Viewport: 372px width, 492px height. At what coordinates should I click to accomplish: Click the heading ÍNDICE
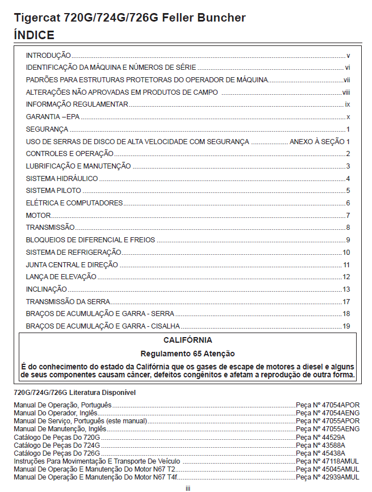[x=34, y=35]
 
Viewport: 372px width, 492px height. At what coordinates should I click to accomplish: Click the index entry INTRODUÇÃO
[x=48, y=56]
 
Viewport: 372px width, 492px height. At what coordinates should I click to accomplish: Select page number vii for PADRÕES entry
[x=346, y=80]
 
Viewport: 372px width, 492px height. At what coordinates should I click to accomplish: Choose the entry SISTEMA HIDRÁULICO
[x=62, y=179]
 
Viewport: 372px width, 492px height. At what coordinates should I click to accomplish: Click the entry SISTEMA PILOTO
[x=53, y=191]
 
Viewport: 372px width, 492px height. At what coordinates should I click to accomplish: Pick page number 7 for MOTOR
[x=348, y=216]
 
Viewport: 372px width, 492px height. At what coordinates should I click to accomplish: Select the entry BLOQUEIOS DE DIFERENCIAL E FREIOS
[x=90, y=240]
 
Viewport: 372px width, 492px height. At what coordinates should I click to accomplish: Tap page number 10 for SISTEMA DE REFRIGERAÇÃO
[x=346, y=253]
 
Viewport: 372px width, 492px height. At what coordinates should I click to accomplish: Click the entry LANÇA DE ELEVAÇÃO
[x=61, y=277]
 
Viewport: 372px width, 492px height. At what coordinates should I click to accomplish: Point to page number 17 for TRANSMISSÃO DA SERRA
[x=346, y=301]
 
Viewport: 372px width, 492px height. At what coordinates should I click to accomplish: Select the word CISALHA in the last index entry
[x=165, y=326]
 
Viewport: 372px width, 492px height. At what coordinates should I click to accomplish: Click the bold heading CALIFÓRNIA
[x=187, y=340]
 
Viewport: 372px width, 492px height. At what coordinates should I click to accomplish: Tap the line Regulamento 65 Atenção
[x=187, y=354]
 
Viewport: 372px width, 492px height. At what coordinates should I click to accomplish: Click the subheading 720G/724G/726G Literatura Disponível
[x=74, y=392]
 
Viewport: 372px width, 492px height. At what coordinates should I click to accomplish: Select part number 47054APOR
[x=337, y=405]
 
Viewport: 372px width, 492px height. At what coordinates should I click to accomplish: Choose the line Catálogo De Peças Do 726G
[x=57, y=453]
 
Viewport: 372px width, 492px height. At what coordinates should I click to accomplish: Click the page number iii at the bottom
[x=187, y=487]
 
